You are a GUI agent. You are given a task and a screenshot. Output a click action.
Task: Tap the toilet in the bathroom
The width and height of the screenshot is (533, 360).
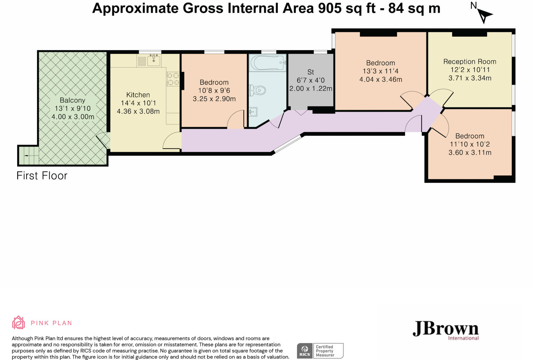pos(257,90)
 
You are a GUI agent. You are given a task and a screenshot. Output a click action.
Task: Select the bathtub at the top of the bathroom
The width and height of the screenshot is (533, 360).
pos(268,63)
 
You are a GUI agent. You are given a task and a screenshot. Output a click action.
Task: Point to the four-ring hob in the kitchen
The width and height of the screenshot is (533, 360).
pos(173,79)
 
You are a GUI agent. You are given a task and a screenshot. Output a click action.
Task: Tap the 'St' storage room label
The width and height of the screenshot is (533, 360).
pos(311,72)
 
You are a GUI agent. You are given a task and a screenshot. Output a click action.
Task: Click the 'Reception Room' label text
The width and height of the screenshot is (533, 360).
pos(470,62)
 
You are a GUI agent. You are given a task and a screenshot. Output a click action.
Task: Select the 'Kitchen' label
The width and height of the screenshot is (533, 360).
pos(138,95)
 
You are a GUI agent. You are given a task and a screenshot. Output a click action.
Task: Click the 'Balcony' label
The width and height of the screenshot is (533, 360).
pos(72,100)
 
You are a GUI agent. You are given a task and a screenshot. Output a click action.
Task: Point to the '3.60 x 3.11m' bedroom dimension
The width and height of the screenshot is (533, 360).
pos(470,153)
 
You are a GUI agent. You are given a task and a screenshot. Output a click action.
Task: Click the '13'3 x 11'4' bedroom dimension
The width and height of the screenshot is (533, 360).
pos(381,71)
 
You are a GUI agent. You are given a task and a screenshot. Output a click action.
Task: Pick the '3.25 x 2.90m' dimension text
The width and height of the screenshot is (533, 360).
pos(214,99)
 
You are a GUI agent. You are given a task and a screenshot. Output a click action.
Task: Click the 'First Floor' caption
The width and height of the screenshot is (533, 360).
pos(42,176)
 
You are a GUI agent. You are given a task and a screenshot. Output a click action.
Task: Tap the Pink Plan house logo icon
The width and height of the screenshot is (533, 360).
pos(18,322)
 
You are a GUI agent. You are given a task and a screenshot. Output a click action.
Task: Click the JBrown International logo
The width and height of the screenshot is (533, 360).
pos(446,330)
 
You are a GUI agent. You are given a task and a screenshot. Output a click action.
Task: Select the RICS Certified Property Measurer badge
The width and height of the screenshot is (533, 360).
pos(320,351)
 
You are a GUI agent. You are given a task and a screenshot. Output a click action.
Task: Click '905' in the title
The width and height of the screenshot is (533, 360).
pos(330,8)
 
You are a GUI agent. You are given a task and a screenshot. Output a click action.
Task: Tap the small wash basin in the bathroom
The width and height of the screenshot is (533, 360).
pos(253,112)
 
